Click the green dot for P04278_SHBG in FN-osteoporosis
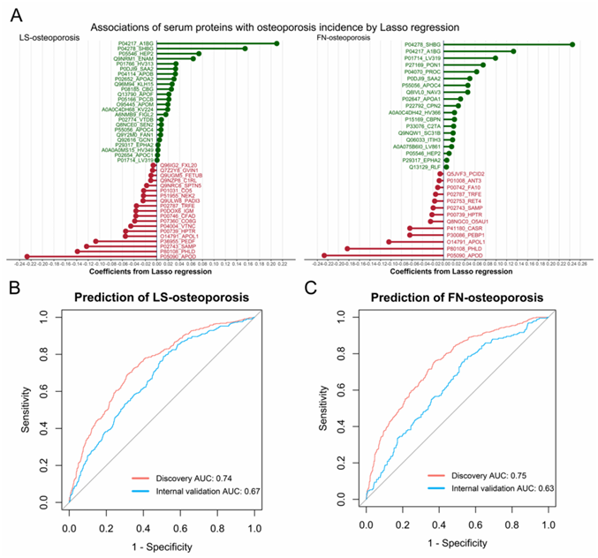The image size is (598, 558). pyautogui.click(x=573, y=44)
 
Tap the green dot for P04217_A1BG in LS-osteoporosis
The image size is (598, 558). pyautogui.click(x=276, y=43)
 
